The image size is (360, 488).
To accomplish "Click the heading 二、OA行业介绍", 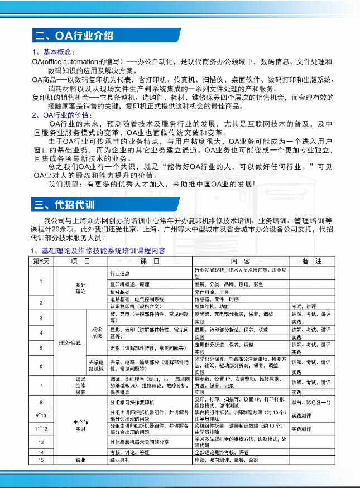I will coord(74,36).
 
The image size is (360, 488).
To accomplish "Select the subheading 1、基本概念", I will coord(50,52).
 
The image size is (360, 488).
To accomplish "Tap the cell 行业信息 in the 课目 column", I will coord(120,273).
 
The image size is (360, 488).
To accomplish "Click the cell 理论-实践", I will coord(69,342).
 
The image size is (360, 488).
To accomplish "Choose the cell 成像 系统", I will coord(97,332).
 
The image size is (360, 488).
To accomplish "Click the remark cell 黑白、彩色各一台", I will coord(311,402).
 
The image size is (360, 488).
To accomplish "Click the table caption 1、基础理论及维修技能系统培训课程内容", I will coord(98,251).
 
